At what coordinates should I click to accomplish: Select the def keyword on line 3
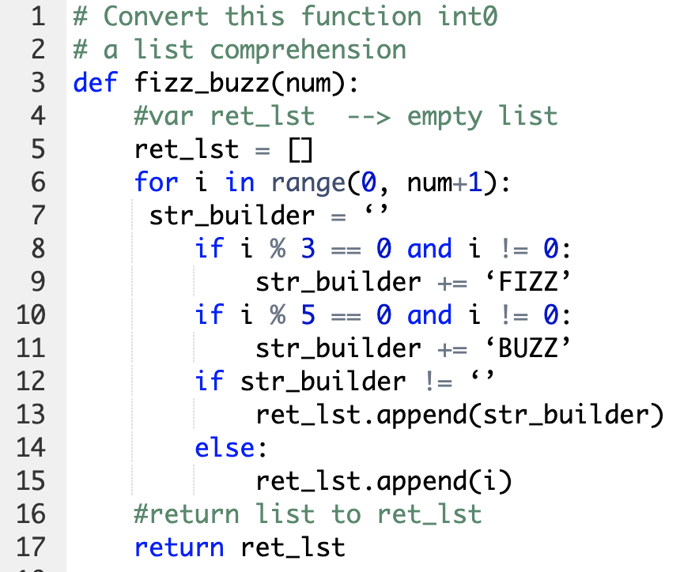pos(95,82)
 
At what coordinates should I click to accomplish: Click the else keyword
pos(225,447)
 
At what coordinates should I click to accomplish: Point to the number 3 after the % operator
pos(308,249)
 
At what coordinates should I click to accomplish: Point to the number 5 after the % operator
pos(308,315)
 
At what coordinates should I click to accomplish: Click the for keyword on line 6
pos(156,183)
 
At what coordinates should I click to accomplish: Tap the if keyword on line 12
pos(210,382)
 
